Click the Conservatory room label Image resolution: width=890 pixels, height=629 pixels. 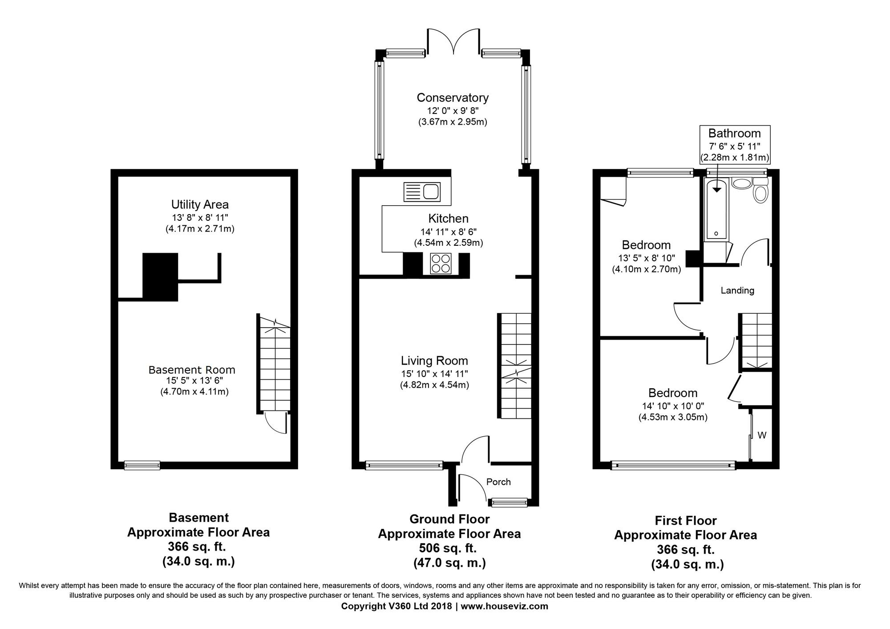(453, 98)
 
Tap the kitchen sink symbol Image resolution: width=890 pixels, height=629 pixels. (421, 192)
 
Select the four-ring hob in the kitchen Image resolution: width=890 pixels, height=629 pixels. (441, 263)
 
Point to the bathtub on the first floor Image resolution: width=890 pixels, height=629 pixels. (716, 209)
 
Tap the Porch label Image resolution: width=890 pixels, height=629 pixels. (498, 482)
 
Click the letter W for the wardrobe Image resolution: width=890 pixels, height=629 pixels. (762, 435)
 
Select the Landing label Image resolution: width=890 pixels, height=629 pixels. (737, 291)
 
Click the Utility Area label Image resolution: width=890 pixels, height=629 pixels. (200, 205)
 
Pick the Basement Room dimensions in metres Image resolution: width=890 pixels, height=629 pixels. (194, 392)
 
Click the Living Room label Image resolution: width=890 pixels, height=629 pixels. (434, 361)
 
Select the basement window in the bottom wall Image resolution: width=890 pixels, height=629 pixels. (142, 465)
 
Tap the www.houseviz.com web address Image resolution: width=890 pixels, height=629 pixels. (504, 606)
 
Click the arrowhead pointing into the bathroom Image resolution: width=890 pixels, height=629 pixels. (716, 190)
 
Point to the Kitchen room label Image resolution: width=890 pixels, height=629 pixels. (448, 219)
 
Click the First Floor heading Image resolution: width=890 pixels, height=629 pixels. (686, 521)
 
